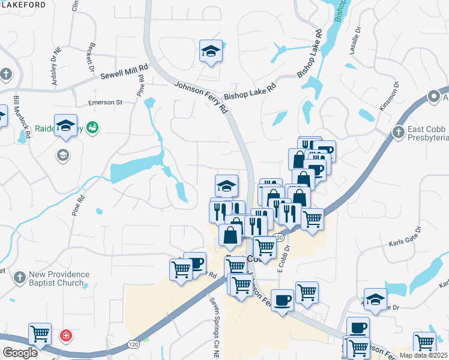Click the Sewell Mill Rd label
(124, 76)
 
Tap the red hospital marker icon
(65, 335)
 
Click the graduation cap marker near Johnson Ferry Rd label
(211, 51)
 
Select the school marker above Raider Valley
(65, 125)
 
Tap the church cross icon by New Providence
(20, 278)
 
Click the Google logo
(19, 353)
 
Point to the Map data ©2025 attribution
(423, 355)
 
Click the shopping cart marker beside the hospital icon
(40, 333)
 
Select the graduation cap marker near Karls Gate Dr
(375, 299)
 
